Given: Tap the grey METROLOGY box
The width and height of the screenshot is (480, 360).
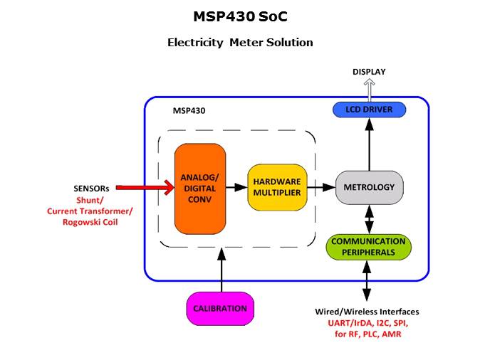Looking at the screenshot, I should (x=369, y=187).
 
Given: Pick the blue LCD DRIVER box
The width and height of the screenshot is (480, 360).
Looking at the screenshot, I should (x=369, y=110).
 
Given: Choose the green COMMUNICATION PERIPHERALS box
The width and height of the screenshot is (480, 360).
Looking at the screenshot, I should (x=367, y=246).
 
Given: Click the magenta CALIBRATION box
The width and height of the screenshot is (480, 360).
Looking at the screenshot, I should (x=220, y=308).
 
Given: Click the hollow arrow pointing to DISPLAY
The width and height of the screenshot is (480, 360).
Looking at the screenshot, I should (x=370, y=90).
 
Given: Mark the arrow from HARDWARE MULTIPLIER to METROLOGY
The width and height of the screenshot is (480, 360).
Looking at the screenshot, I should (x=320, y=188).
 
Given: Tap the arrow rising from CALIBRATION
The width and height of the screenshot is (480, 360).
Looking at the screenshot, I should (x=221, y=270).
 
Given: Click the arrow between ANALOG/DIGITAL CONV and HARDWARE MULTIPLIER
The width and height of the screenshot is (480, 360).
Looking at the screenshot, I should (x=236, y=188).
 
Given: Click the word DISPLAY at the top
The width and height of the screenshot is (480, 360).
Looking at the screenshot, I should (x=370, y=71).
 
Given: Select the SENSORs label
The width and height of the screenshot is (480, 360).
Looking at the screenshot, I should (x=91, y=189).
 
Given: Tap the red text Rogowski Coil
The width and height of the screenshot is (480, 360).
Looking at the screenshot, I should (x=90, y=222).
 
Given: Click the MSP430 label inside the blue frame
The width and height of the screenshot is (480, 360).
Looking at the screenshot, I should (x=189, y=111).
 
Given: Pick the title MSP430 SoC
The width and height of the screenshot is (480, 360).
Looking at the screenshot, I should (x=240, y=16).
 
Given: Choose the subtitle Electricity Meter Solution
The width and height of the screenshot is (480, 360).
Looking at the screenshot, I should (x=240, y=42).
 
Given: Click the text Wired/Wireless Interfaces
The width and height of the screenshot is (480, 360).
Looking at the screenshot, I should (x=367, y=312).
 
